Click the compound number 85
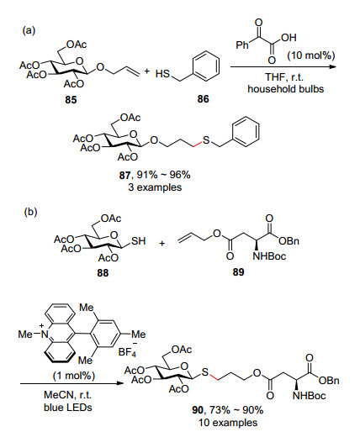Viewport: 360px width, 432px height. point(71,100)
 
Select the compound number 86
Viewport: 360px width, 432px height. point(203,99)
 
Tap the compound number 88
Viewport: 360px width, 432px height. point(103,272)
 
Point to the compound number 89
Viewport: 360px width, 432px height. point(238,271)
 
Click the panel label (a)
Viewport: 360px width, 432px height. point(29,30)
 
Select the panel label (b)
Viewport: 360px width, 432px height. point(30,212)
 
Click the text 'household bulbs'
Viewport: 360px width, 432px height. point(285,89)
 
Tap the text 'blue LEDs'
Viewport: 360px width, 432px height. point(68,407)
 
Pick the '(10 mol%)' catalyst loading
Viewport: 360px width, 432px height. point(311,55)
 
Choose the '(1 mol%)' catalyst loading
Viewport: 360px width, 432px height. point(74,376)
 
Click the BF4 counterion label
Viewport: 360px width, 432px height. point(128,351)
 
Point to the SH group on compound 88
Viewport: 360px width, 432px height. point(139,241)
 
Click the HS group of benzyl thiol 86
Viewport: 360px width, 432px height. point(162,74)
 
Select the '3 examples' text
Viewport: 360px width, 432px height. point(155,187)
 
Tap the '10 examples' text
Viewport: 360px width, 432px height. point(228,422)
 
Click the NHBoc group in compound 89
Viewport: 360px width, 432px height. point(269,256)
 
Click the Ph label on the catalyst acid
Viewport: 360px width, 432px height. point(242,45)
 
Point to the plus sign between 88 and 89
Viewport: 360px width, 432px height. point(162,243)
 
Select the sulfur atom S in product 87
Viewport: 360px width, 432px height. point(206,140)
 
